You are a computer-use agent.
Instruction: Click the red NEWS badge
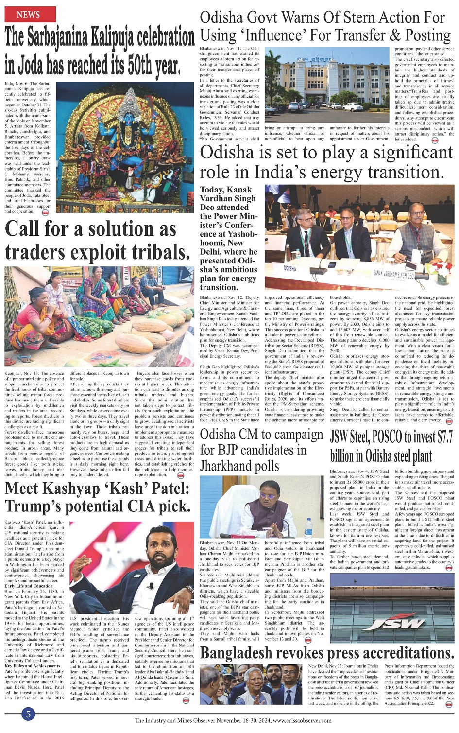[x=28, y=15]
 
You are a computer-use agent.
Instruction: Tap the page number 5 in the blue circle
[x=28, y=714]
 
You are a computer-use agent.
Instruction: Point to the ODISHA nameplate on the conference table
[x=290, y=268]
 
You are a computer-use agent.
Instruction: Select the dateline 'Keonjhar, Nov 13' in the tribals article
[x=22, y=373]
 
